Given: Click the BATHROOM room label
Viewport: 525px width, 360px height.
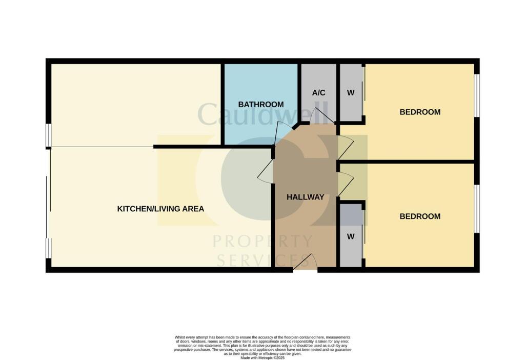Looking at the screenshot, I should tap(261, 105).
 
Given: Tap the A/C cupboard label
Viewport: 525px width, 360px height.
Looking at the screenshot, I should tap(318, 93).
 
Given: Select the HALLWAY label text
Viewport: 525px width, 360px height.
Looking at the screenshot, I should tap(305, 197).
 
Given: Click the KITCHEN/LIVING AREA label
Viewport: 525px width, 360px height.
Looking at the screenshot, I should tap(160, 209).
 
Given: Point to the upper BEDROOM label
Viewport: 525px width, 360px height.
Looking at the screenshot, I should tap(420, 112).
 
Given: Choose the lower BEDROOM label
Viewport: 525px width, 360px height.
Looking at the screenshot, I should tap(420, 216).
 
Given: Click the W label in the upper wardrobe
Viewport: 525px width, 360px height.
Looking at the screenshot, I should tap(351, 93).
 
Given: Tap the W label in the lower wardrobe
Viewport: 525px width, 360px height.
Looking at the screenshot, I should tap(351, 236).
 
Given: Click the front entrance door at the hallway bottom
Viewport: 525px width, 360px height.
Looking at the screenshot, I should tap(305, 262).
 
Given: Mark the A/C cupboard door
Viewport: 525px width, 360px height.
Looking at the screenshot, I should tap(323, 115).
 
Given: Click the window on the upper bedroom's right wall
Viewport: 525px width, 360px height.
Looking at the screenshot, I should tap(476, 96).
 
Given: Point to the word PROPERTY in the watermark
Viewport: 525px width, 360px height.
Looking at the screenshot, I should tap(262, 241).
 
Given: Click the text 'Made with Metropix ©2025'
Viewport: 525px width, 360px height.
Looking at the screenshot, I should tap(262, 357).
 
